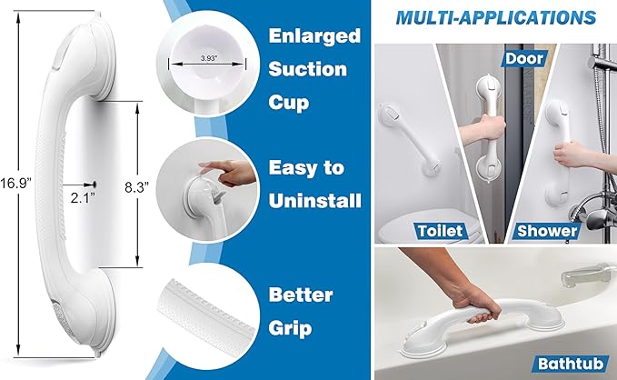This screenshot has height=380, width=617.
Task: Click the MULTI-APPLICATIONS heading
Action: (x=496, y=17)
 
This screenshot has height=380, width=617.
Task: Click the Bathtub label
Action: (x=570, y=364)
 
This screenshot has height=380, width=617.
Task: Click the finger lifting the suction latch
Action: (x=214, y=170)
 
